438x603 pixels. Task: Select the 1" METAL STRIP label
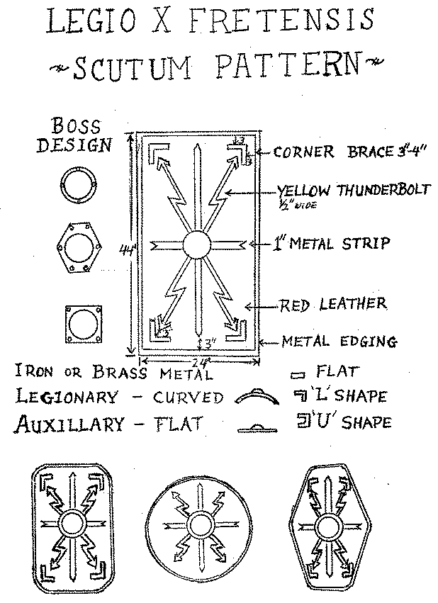[332, 244]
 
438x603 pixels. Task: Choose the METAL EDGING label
[338, 342]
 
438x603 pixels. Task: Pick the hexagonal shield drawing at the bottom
[327, 526]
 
